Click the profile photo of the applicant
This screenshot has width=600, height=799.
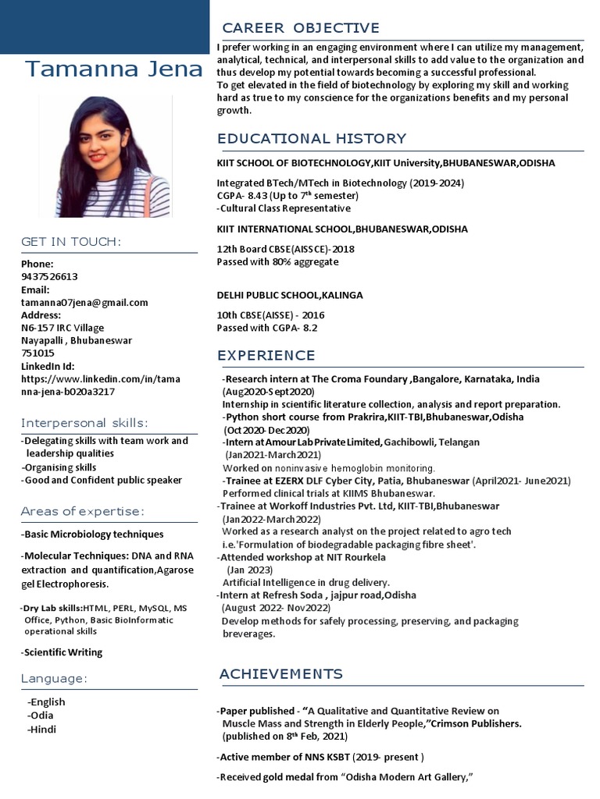pyautogui.click(x=114, y=156)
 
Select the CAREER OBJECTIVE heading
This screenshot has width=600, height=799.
pyautogui.click(x=301, y=28)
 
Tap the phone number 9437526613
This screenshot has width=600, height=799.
pyautogui.click(x=49, y=276)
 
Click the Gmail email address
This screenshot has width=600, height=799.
pyautogui.click(x=84, y=302)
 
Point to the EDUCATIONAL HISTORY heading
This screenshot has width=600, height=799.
pyautogui.click(x=312, y=139)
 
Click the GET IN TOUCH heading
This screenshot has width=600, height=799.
pyautogui.click(x=71, y=242)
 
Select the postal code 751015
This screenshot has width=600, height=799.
pyautogui.click(x=37, y=353)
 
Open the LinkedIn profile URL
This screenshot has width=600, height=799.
pyautogui.click(x=100, y=385)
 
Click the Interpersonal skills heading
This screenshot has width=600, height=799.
pyautogui.click(x=84, y=423)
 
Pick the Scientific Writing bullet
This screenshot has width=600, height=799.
pyautogui.click(x=62, y=652)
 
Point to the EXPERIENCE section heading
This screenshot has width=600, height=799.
pyautogui.click(x=266, y=356)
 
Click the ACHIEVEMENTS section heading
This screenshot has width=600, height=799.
pyautogui.click(x=280, y=673)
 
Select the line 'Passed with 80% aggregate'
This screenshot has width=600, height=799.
pyautogui.click(x=277, y=262)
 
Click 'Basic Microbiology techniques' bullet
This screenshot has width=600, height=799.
pyautogui.click(x=93, y=534)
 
